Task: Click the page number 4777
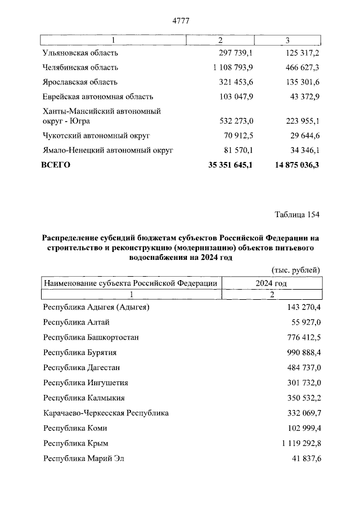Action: pos(180,21)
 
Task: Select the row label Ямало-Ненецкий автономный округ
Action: pos(107,150)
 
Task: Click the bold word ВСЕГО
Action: pos(56,165)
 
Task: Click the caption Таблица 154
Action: pos(297,215)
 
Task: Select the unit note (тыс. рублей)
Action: pos(295,270)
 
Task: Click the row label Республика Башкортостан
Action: pos(91,337)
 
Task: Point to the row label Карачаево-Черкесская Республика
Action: pos(106,413)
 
